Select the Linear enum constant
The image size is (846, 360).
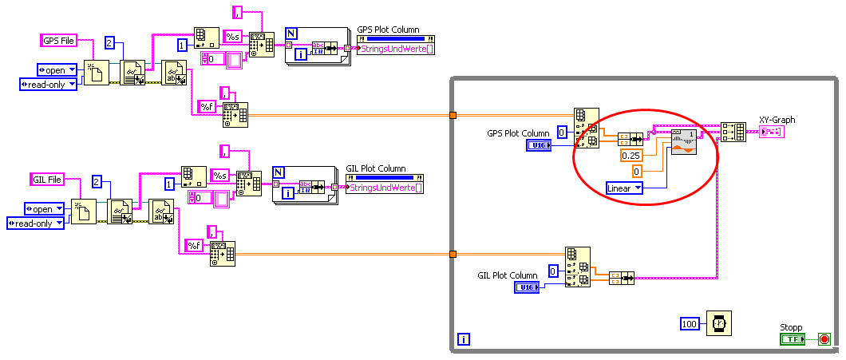point(624,188)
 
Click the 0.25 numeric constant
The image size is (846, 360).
point(631,156)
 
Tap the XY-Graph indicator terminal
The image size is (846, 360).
point(772,132)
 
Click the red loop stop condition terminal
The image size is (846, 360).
point(824,339)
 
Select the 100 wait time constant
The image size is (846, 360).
point(690,323)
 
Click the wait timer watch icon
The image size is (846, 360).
point(719,323)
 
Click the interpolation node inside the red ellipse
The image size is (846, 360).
point(684,140)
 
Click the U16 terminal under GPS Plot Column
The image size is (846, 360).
point(539,145)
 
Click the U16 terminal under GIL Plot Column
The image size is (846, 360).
point(528,287)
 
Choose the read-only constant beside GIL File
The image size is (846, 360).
point(35,224)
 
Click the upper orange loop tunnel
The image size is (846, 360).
point(453,116)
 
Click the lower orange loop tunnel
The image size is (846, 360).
point(453,255)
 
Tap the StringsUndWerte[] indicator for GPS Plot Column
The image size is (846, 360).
point(396,49)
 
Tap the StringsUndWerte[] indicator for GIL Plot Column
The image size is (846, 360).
point(385,188)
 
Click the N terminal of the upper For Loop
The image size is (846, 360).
point(291,34)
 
